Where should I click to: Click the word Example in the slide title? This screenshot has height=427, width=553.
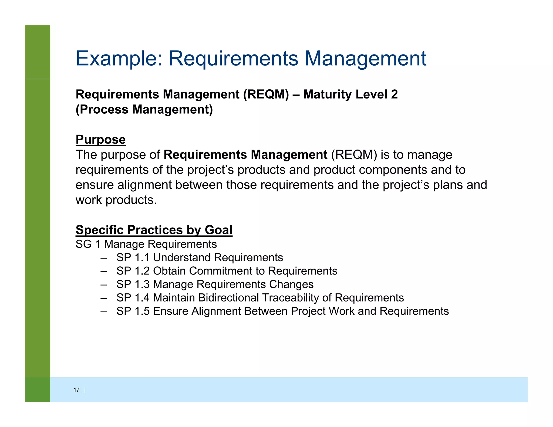coord(119,59)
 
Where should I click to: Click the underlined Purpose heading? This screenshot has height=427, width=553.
coord(100,140)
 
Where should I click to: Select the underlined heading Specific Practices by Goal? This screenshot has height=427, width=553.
coord(154,230)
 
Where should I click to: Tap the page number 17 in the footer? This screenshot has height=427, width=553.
coord(76,390)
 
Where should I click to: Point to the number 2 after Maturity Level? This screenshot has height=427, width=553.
coord(394,94)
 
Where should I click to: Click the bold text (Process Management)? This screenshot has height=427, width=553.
coord(144,110)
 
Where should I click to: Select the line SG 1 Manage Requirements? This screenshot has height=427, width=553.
coord(146,244)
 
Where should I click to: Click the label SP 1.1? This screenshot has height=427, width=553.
coord(133,258)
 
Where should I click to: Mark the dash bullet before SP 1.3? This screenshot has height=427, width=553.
coord(104,285)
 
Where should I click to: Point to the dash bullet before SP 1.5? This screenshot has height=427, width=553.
coord(104,311)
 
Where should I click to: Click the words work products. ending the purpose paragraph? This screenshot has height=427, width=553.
coord(116,200)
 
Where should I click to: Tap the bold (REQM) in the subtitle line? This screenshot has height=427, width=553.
coord(266,94)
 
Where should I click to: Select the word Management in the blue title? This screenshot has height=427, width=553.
coord(365,59)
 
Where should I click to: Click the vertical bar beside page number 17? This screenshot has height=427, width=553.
coord(85,390)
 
